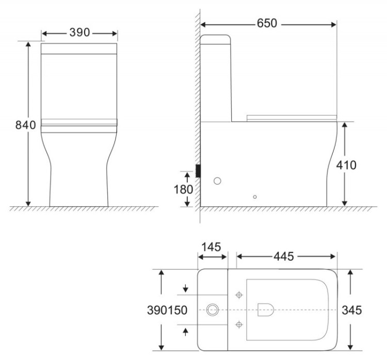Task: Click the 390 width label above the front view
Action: (79, 32)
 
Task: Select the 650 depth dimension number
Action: (267, 24)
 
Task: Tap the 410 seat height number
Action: (346, 165)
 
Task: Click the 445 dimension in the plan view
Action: (283, 256)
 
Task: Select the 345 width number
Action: (352, 310)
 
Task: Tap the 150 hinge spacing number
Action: (178, 310)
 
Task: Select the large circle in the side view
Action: (218, 181)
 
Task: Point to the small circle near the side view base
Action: (254, 197)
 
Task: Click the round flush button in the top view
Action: (212, 310)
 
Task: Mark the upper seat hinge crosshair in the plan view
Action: (238, 295)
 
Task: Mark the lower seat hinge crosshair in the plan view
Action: (238, 324)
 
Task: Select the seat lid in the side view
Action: (292, 118)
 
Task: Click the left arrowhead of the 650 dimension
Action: (203, 24)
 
